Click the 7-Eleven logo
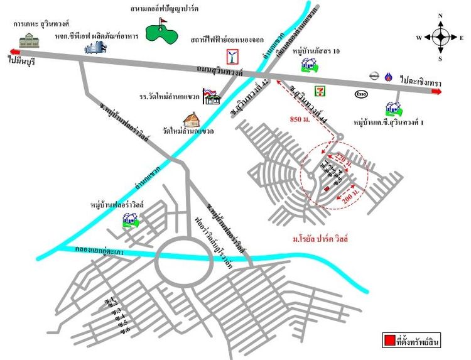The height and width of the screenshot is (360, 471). coord(322,90)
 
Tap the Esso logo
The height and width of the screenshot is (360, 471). coord(361,95)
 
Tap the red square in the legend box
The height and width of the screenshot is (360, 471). coord(389,341)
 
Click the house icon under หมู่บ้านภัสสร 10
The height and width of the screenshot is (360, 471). coord(308,64)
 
